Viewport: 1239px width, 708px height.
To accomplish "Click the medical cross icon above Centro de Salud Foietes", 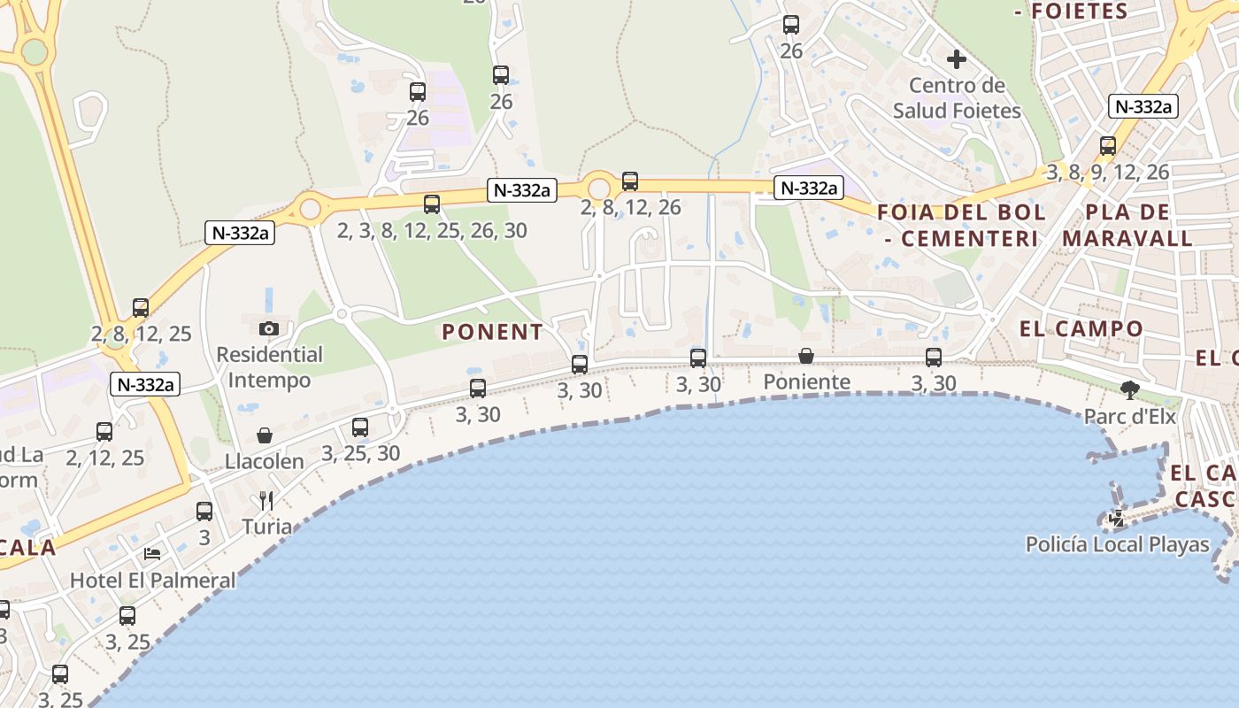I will coord(957,60).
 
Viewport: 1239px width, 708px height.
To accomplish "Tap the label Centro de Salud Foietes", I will coord(957,98).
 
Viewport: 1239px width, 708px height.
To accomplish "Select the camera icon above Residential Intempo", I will coord(269,328).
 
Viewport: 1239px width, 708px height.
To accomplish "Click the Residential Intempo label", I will coord(270,367).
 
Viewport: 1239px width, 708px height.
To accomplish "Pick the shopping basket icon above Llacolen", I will coord(264,435).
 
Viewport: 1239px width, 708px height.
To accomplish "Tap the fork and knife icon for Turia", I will coord(266,501).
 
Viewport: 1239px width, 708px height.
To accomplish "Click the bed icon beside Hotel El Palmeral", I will coord(152,554).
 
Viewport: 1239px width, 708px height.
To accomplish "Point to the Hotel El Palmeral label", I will coord(153,581).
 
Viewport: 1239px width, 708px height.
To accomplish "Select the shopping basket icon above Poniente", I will coord(806,356).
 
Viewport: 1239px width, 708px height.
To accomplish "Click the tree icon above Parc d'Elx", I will coord(1129,389).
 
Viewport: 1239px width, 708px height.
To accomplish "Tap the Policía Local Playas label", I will coord(1117,544).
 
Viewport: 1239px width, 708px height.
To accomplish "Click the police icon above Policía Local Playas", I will coord(1117,519).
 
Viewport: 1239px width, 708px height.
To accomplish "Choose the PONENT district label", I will coord(492,332).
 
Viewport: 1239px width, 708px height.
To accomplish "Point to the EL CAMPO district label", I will coord(1081,329).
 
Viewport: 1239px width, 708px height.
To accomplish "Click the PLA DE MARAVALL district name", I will coord(1127,226).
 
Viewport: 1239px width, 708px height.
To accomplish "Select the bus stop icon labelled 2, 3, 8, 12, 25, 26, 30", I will coord(432,204).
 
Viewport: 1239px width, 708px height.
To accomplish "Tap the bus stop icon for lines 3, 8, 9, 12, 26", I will coord(1108,146).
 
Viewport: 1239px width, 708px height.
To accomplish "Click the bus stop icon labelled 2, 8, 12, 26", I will coord(630,181).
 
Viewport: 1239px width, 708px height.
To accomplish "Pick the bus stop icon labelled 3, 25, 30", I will coord(360,427).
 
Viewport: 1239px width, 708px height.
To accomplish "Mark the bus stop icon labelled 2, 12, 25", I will coord(104,432).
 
